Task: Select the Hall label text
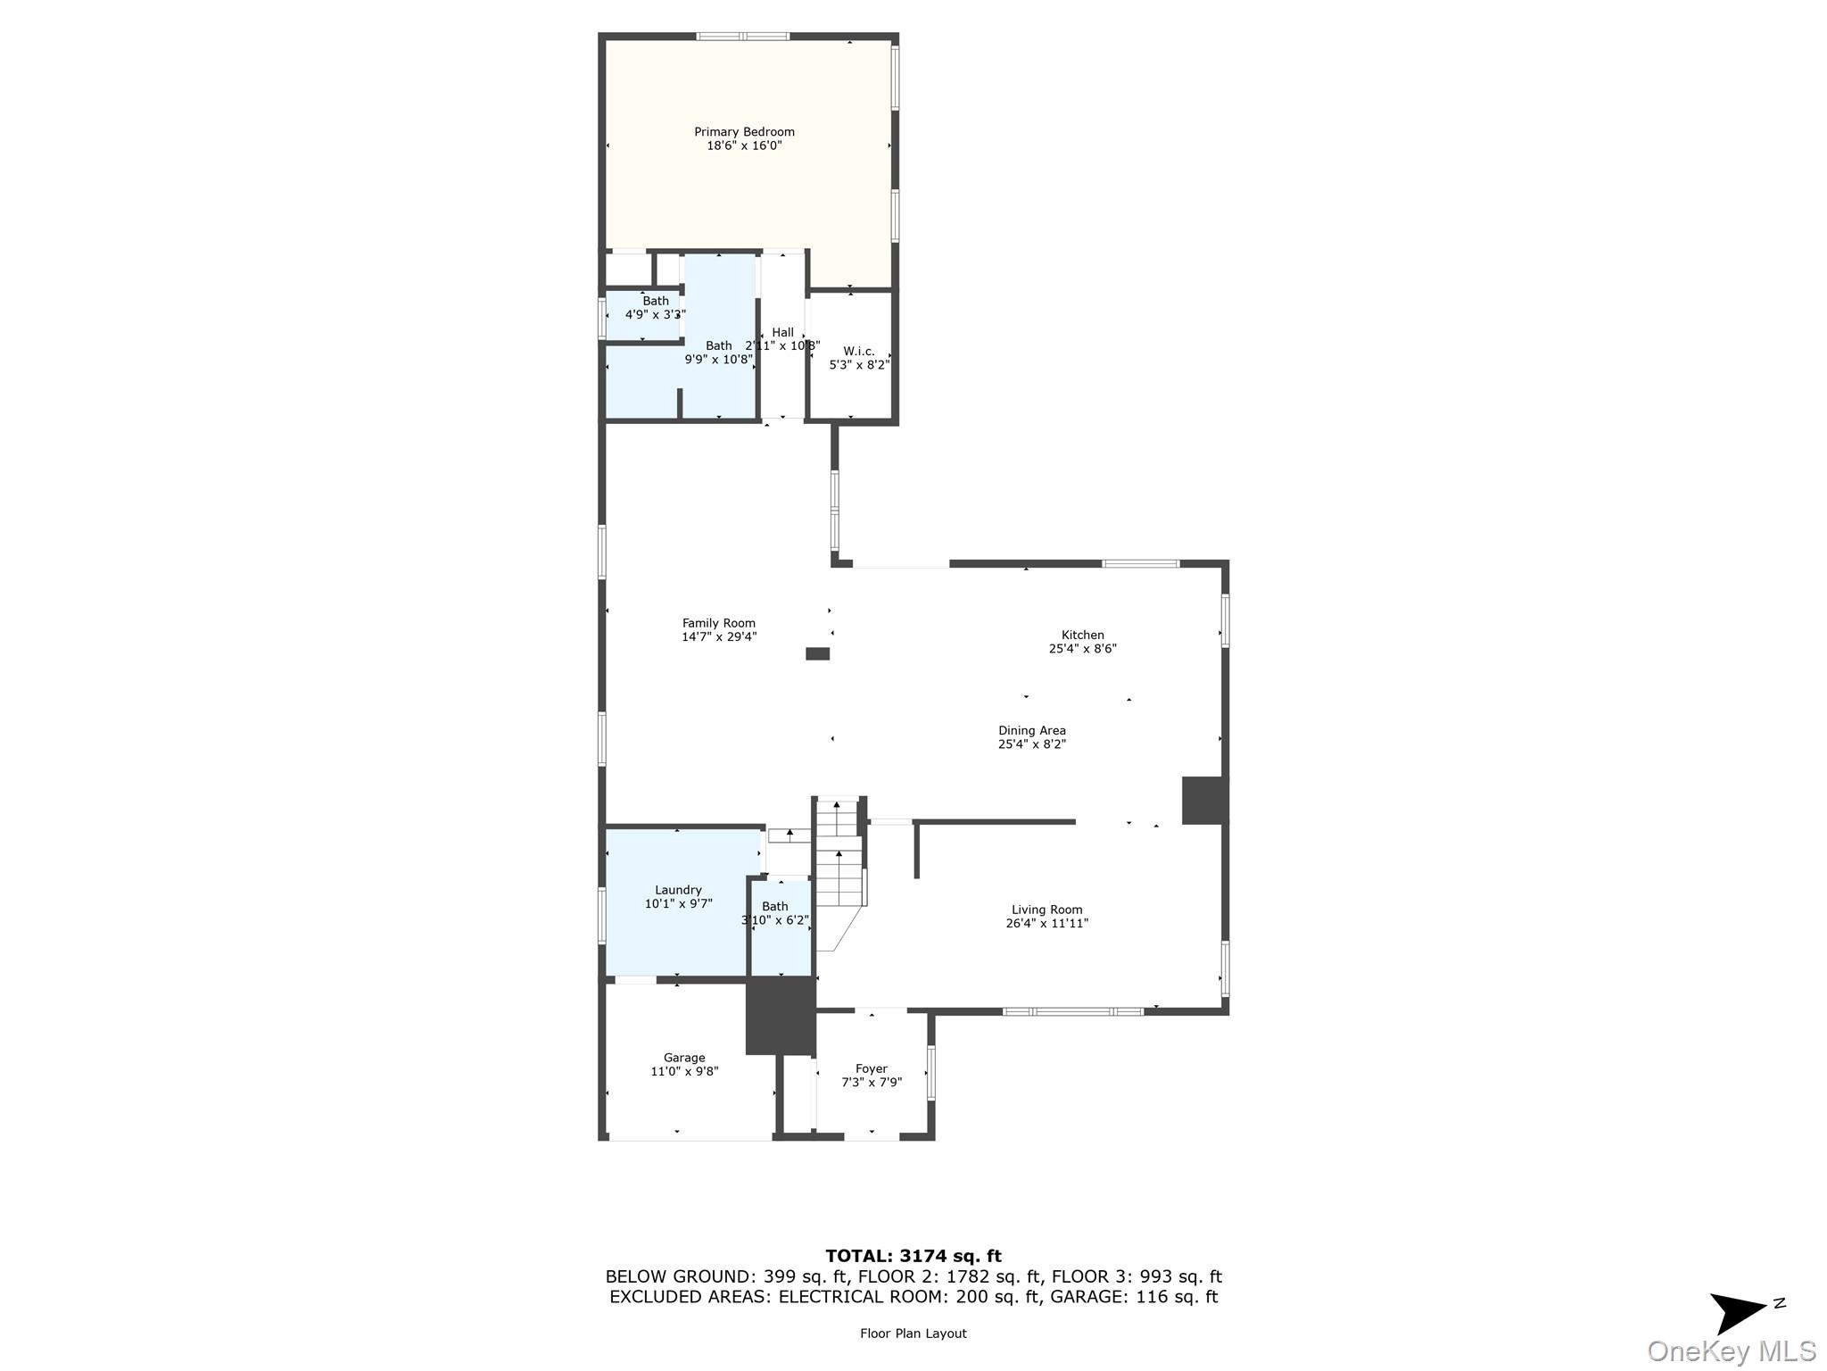click(x=782, y=332)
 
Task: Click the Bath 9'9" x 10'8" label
click(x=719, y=353)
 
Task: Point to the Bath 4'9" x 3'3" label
click(x=655, y=308)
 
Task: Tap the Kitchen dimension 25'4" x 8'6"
click(x=1082, y=649)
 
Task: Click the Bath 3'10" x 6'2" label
click(x=774, y=913)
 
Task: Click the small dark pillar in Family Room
click(x=817, y=653)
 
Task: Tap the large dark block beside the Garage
click(x=781, y=1016)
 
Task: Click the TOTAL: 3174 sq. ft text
click(x=913, y=1256)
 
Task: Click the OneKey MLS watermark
click(x=1731, y=1350)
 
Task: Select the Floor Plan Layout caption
click(x=913, y=1333)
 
